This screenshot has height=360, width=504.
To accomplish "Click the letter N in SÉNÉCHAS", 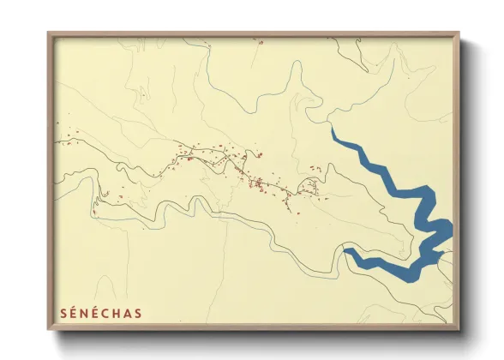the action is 83,313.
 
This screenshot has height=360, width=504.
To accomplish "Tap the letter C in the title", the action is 105,313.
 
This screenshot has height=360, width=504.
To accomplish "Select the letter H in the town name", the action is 116,313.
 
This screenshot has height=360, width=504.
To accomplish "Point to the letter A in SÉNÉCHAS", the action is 127,313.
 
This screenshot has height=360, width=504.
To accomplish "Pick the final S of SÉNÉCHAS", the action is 138,313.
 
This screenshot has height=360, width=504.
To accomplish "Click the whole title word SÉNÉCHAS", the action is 100,313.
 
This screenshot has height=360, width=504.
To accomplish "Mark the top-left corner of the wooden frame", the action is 48,33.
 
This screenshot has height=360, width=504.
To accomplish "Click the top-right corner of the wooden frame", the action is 459,33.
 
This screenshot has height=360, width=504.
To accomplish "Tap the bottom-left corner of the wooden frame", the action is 48,330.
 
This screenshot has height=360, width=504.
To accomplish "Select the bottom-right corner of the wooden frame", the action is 459,330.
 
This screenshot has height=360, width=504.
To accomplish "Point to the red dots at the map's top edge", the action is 257,39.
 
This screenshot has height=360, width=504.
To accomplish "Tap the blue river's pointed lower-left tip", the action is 345,250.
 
